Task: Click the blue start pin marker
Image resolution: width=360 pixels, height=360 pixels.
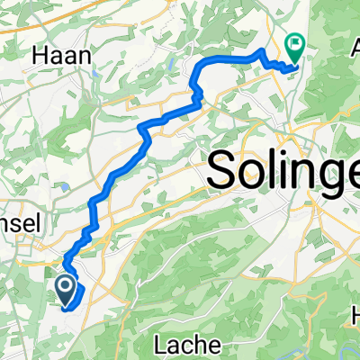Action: (66, 288)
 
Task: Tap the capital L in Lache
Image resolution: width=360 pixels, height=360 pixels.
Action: (161, 345)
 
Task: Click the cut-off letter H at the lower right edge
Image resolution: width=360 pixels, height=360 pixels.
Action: (355, 315)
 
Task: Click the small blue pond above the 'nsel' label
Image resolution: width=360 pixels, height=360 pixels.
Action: (66, 188)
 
